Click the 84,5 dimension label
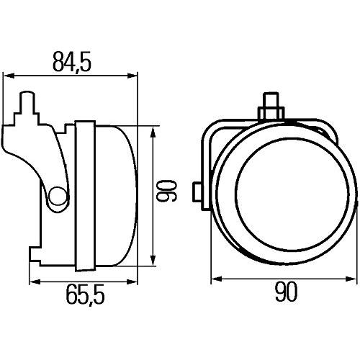pos(72,62)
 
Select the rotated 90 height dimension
pos(166,191)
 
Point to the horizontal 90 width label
pos(287,292)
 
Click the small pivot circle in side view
pos(58,196)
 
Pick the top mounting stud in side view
pos(27,102)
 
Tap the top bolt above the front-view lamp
pos(271,106)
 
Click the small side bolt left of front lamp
pos(197,192)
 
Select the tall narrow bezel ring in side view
pos(86,196)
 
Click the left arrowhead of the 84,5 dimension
pos(9,76)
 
